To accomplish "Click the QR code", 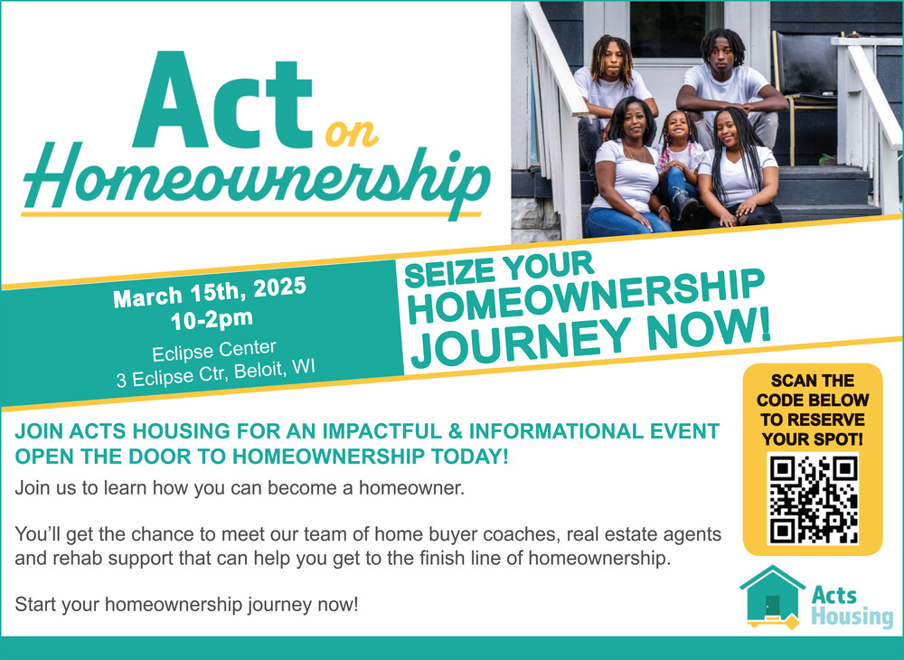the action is pos(813,499).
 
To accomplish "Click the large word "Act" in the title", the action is pos(223,99).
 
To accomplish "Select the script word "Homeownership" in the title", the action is pos(256,179).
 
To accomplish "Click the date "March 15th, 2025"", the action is pos(210,292).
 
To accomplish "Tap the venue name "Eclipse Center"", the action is pos(214,350).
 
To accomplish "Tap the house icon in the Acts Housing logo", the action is pos(771,598).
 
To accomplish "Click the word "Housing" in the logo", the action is pos(852,617).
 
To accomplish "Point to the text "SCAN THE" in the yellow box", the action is pos(813,381).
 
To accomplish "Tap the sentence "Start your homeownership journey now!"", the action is pos(187,605).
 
